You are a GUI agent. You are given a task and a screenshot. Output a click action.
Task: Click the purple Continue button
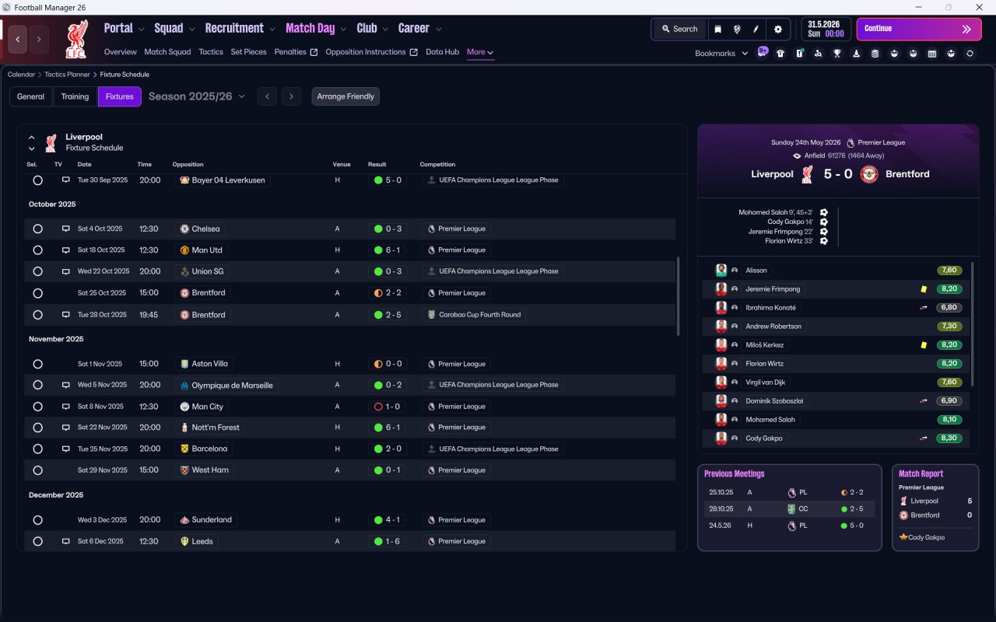point(919,29)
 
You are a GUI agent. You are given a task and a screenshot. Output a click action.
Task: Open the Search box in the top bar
point(680,29)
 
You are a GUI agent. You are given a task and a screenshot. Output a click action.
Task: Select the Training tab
point(75,96)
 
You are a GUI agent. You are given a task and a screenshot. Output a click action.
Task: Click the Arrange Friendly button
point(345,96)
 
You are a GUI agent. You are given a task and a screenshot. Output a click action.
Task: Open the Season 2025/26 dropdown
point(197,96)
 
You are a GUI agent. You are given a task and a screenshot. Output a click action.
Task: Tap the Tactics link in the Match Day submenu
point(211,52)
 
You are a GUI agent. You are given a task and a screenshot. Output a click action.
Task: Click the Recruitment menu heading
point(234,29)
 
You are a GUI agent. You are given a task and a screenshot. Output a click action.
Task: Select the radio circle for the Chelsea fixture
point(38,229)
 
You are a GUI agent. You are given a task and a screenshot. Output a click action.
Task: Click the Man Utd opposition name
point(207,250)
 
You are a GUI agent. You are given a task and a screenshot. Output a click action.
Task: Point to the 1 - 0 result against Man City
point(388,407)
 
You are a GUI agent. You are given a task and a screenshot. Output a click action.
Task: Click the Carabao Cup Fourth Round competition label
point(480,315)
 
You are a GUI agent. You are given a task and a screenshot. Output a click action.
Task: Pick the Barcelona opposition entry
point(209,449)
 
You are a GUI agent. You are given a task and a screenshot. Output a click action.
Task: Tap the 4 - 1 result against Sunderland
point(388,520)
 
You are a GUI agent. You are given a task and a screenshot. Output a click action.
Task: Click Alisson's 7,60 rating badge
point(949,270)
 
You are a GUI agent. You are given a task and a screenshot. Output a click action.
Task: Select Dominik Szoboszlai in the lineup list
point(774,400)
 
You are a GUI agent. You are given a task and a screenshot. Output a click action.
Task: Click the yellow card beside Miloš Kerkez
point(924,344)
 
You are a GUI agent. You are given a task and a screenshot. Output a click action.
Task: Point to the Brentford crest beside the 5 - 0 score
point(869,174)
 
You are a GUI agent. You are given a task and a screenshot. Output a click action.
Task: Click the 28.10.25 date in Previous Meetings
point(721,508)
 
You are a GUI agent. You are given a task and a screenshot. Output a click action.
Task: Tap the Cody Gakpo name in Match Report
point(926,537)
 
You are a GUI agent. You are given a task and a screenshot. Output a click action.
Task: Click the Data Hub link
point(442,52)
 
